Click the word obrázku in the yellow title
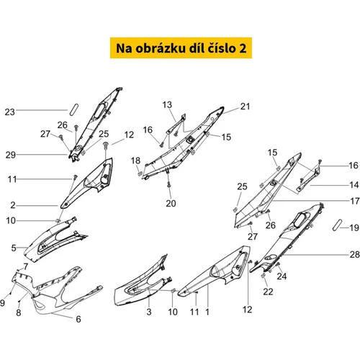click(161, 48)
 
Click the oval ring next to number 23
click(73, 109)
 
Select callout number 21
click(245, 107)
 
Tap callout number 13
click(167, 104)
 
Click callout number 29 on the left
click(11, 155)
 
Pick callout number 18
click(135, 161)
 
